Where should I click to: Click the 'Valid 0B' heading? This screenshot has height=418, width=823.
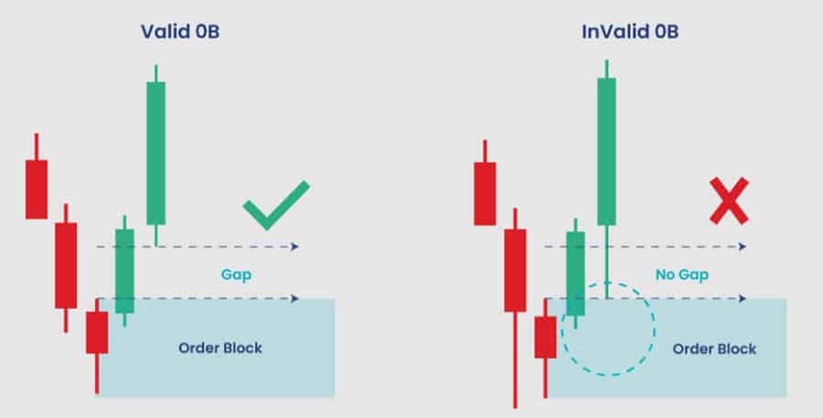click(180, 31)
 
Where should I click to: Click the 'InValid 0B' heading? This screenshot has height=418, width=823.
click(630, 31)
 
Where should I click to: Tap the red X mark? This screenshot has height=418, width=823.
click(729, 201)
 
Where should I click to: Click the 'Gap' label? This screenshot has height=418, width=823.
click(236, 274)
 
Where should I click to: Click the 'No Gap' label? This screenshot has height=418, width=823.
click(682, 274)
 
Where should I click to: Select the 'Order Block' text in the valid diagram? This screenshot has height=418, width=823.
click(219, 348)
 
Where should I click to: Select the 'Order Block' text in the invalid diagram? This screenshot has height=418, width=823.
click(714, 348)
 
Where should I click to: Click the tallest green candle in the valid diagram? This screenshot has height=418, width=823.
click(155, 154)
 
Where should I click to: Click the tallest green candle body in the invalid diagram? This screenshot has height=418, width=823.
click(607, 152)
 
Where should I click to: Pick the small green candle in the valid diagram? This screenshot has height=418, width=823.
click(125, 271)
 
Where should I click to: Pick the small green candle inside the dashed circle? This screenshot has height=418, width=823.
click(576, 273)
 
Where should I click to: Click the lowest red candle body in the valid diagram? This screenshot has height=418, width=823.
click(97, 332)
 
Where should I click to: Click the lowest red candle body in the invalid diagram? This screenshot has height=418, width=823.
click(545, 338)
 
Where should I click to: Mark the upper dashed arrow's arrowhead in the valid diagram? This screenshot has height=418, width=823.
click(295, 246)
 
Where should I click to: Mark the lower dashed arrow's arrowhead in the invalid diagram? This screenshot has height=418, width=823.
click(743, 299)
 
